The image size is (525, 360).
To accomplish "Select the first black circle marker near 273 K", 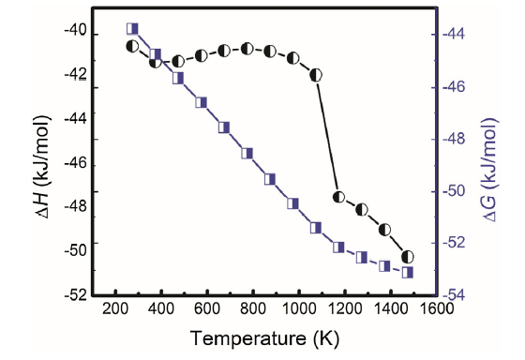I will (132, 45).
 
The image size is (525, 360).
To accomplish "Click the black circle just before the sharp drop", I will (316, 73).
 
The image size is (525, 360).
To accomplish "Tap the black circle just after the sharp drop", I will (339, 197).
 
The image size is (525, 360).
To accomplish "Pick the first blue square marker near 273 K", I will (132, 29).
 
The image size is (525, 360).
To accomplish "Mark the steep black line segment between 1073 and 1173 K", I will (327, 135).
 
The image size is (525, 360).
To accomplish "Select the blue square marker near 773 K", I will (247, 153).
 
